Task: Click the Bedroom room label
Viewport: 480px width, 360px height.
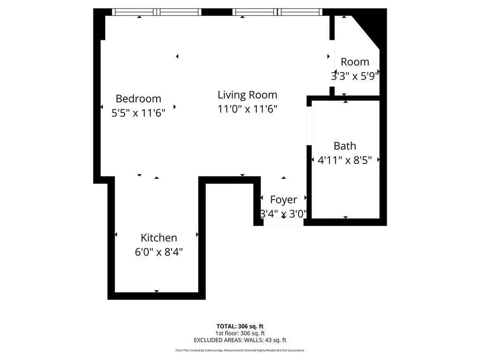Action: (138, 98)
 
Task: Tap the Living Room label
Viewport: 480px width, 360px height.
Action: (247, 95)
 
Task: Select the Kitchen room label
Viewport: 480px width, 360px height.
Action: (158, 238)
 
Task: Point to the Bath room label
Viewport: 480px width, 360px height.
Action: (345, 146)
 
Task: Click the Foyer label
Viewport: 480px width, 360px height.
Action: (284, 200)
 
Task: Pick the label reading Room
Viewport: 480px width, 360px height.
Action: (355, 62)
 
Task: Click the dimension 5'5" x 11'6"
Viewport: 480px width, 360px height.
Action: (138, 113)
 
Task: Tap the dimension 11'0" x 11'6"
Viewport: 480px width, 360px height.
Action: (247, 109)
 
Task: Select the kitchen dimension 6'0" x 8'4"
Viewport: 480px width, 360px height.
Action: (158, 252)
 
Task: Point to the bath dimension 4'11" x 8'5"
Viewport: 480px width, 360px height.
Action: (345, 160)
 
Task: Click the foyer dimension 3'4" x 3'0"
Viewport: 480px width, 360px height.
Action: (284, 214)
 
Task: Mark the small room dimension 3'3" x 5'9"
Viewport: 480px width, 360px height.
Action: (355, 76)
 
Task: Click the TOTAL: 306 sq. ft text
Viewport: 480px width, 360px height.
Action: (240, 326)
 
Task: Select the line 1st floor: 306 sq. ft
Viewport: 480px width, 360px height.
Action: (240, 333)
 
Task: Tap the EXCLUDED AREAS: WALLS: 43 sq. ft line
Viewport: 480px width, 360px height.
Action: (240, 340)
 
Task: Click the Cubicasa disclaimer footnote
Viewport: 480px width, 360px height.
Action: (240, 350)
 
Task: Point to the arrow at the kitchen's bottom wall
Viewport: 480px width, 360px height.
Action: (157, 291)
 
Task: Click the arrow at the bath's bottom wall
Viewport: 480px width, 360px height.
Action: (345, 217)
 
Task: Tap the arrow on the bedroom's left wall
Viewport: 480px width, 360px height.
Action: (102, 107)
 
